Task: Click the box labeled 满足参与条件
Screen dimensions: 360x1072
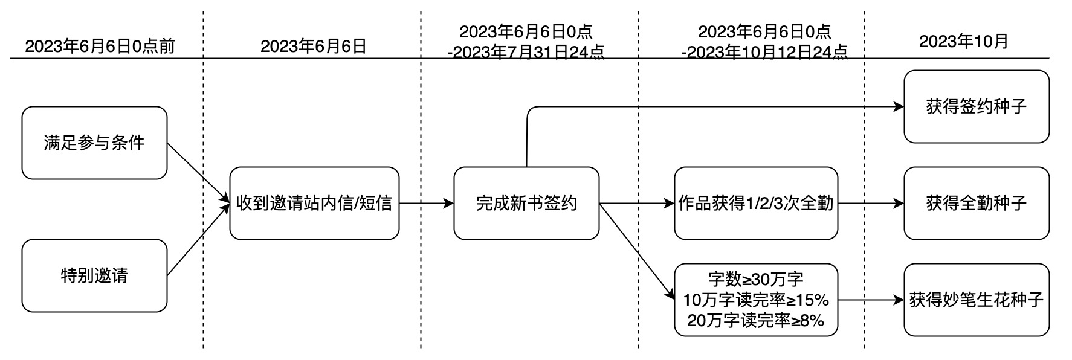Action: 94,143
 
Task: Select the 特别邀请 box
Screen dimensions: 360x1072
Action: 94,276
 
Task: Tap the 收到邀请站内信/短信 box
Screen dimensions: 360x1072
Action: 314,204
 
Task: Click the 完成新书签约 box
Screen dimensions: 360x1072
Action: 526,204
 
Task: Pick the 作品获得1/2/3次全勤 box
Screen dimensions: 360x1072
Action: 756,204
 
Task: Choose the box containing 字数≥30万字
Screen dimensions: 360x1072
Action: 756,280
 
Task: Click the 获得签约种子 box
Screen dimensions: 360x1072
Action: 977,107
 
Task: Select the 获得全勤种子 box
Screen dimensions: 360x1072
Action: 977,204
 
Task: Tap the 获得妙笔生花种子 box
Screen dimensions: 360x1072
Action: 977,300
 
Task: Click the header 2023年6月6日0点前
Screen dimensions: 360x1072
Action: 100,47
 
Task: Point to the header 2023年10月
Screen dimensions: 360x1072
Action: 964,42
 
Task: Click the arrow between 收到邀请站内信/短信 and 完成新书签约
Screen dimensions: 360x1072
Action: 426,204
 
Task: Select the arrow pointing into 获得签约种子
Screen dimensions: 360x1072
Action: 713,107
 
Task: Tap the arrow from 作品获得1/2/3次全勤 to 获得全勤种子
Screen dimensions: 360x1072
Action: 871,204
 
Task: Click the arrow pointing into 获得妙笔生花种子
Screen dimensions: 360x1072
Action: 871,300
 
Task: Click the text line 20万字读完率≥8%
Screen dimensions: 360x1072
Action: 756,321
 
